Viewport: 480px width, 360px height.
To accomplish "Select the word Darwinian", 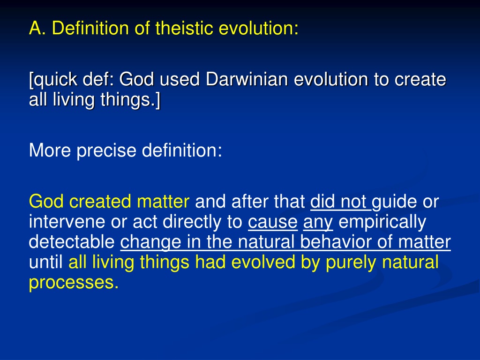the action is click(x=247, y=79).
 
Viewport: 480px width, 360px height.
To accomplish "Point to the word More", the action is click(x=50, y=150).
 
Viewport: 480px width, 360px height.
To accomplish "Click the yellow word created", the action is click(x=100, y=202).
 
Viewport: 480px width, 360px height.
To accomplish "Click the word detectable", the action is click(x=72, y=242).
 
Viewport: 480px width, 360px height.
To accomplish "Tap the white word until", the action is click(x=45, y=262).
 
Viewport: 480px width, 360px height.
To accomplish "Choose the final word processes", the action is click(x=74, y=283).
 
